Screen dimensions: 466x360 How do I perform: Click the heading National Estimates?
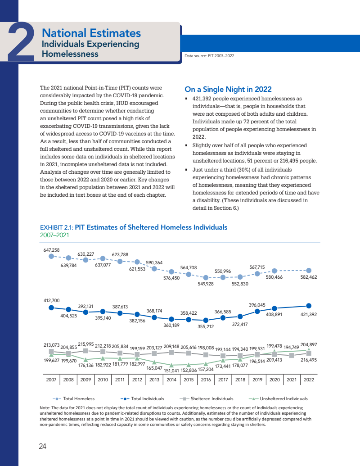click(x=91, y=33)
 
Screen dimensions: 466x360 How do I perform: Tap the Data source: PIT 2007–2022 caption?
click(x=209, y=56)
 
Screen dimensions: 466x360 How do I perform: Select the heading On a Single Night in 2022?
click(x=228, y=89)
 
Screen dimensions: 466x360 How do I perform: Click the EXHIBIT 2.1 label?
click(x=56, y=227)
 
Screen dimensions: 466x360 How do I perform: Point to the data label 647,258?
click(x=51, y=249)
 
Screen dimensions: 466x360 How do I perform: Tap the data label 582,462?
click(x=308, y=277)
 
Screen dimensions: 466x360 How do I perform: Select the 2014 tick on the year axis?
click(x=171, y=380)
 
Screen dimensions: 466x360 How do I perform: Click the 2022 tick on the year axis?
click(x=309, y=380)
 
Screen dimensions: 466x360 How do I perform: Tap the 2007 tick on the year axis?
click(x=51, y=380)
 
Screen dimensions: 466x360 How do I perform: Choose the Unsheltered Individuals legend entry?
click(x=283, y=399)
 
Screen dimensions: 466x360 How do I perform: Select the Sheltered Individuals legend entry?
click(x=212, y=399)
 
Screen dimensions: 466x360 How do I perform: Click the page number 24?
click(x=43, y=446)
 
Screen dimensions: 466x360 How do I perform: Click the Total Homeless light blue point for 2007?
click(x=51, y=256)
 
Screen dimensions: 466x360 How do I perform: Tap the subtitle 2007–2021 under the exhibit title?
click(x=54, y=235)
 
